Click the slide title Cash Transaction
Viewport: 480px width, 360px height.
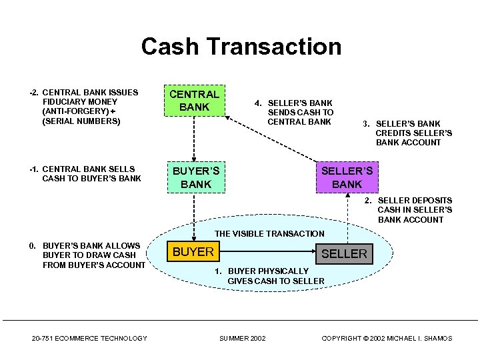pos(241,47)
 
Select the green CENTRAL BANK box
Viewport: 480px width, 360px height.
pos(194,101)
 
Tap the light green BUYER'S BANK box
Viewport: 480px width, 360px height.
pos(195,177)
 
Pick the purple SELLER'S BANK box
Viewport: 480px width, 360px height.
pos(347,177)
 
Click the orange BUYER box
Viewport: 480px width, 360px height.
pos(193,252)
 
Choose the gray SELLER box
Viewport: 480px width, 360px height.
pos(344,253)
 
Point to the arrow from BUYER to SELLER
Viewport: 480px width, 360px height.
pos(267,253)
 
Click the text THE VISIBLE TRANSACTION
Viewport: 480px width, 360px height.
pos(269,233)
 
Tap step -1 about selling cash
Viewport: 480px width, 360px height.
pos(85,173)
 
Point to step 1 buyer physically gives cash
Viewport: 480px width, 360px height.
pos(275,276)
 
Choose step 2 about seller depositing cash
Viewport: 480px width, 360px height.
pos(413,210)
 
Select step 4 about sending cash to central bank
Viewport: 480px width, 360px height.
pos(299,112)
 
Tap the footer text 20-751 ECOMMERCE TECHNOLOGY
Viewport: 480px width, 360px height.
pos(89,339)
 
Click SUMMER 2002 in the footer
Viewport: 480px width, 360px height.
pos(242,339)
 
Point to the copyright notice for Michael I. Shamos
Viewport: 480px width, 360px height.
pos(387,339)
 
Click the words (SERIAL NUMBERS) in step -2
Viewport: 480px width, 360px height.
pos(81,121)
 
